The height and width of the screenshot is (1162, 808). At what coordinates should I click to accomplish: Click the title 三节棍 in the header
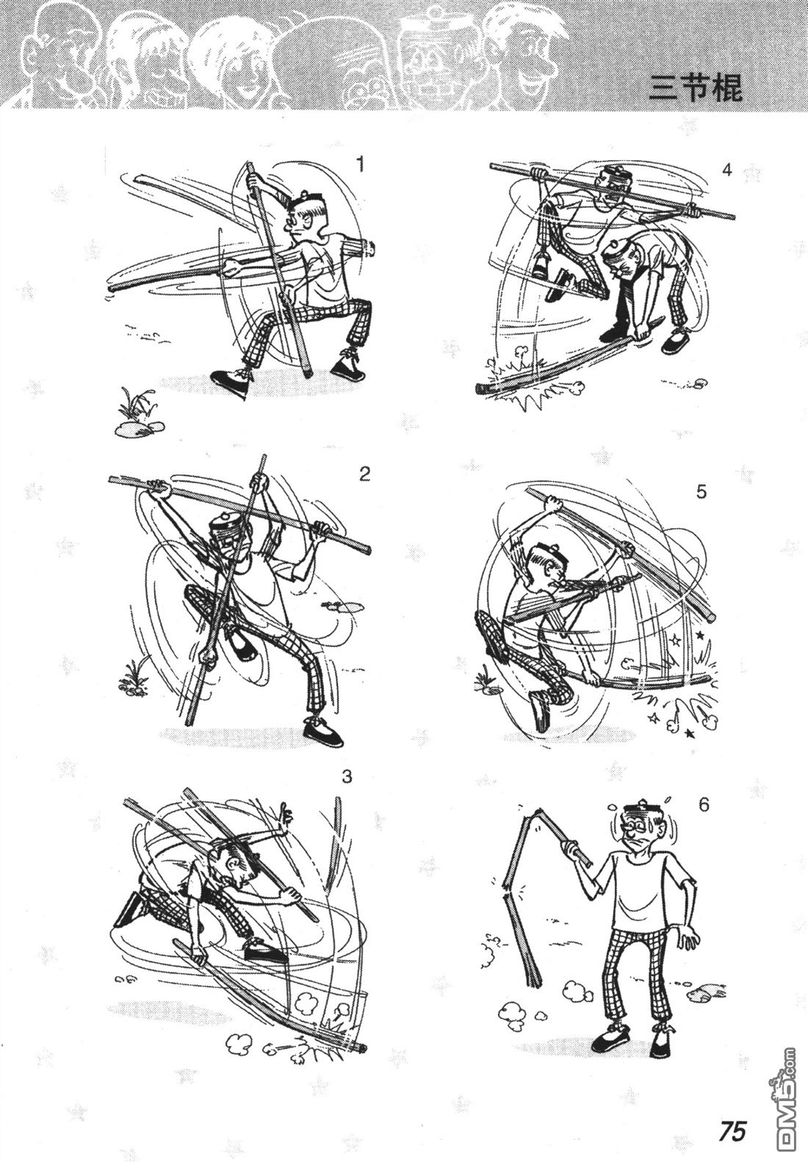tap(696, 88)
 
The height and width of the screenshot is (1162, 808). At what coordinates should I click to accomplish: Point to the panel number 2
tap(364, 474)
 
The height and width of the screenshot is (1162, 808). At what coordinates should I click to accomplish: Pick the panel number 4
tap(727, 170)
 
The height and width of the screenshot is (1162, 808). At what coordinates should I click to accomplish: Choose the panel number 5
tap(701, 492)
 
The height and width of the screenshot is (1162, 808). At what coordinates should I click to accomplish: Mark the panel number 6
tap(704, 805)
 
